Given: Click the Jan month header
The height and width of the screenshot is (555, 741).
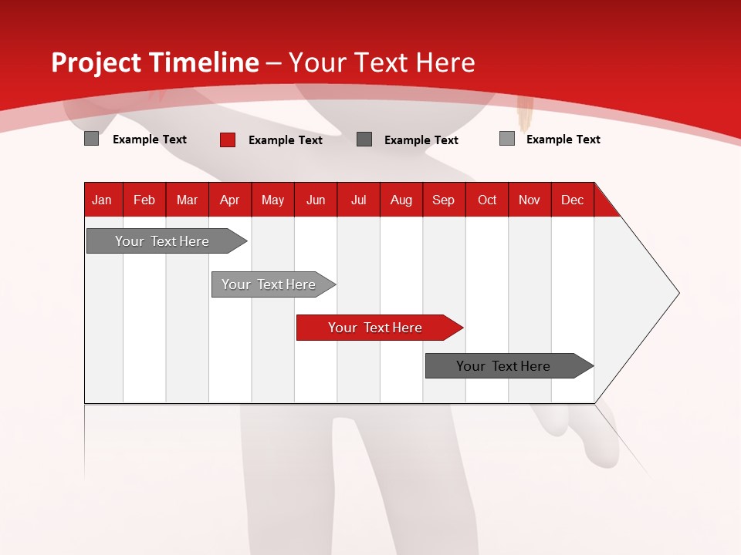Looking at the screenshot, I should point(102,200).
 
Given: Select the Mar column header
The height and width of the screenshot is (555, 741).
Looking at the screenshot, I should point(187,200).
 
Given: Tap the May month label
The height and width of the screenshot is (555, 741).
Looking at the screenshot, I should point(272,200).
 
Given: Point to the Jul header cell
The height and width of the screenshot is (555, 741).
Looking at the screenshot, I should point(358,200).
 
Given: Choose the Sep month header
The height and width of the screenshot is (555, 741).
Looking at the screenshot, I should point(443,200).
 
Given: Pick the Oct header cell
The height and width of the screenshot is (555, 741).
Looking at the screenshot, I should point(487,200).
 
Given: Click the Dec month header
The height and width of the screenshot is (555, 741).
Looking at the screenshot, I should point(572,200).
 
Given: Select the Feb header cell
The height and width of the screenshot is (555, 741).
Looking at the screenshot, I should point(144,200).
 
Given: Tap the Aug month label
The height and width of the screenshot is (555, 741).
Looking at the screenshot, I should point(401,200).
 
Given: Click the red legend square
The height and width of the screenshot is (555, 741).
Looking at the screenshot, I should point(228,140).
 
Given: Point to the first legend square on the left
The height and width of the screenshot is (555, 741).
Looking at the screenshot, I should point(91,139).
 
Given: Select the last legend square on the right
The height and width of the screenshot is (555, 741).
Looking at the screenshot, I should point(506,139).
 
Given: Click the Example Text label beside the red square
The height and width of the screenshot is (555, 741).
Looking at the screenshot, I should point(285,140).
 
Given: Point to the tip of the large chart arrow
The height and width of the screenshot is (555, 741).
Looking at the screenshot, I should point(678,293).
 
